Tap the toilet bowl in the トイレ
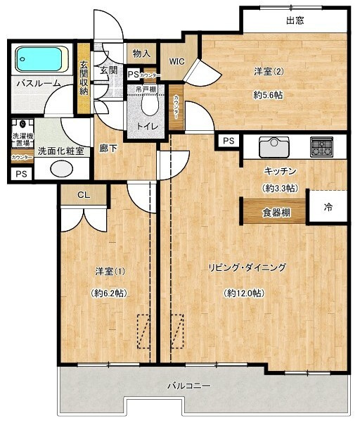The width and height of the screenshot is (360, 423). click(x=149, y=103)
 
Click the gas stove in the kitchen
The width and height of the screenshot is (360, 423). click(x=323, y=146)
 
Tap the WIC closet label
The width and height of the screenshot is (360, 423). click(x=176, y=62)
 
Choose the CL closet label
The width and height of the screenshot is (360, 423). click(x=83, y=195)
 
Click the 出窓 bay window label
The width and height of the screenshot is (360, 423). click(x=295, y=20)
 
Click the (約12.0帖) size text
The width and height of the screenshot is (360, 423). click(x=245, y=293)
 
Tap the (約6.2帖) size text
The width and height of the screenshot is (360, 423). click(x=109, y=293)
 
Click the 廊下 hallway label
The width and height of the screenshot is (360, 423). click(x=108, y=149)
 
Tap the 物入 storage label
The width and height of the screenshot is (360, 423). click(x=141, y=53)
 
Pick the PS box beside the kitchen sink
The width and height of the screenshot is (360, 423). click(x=228, y=141)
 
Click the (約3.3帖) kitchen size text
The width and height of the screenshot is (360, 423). click(x=280, y=189)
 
